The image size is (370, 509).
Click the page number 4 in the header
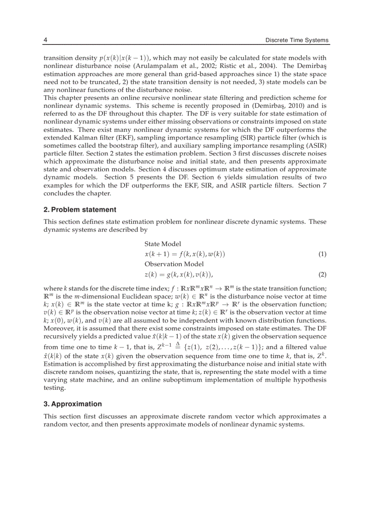(45, 40)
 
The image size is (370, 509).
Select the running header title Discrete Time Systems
(297, 40)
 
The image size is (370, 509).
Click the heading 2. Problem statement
(80, 209)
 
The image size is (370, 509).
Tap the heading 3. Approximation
(73, 404)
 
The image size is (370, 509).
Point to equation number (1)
(322, 254)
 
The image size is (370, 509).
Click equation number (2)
(322, 274)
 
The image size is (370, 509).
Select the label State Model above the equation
(163, 244)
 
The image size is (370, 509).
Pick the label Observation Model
(174, 264)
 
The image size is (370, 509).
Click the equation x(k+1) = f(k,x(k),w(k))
(185, 254)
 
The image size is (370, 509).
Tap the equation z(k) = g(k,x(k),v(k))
(179, 274)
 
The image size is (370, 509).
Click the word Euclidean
(123, 296)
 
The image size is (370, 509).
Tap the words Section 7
(312, 185)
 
